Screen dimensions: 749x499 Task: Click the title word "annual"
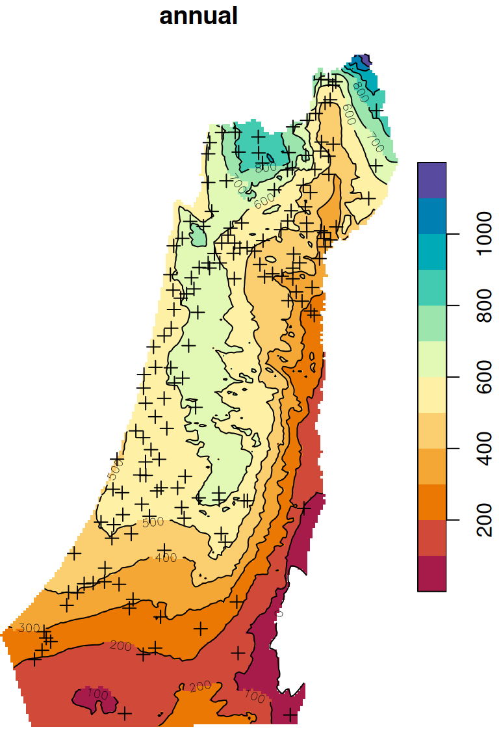(x=198, y=16)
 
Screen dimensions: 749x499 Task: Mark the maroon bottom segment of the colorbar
(x=431, y=573)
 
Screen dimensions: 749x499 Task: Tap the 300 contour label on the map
(x=29, y=628)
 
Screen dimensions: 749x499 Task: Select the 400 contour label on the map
(x=166, y=557)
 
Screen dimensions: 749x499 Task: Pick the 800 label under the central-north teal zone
(x=265, y=168)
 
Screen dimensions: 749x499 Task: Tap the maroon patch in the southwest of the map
(x=91, y=700)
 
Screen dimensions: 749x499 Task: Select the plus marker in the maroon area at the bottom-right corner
(x=290, y=715)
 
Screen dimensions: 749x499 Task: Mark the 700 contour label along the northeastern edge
(x=375, y=138)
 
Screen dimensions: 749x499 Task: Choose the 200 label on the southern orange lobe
(x=200, y=687)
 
